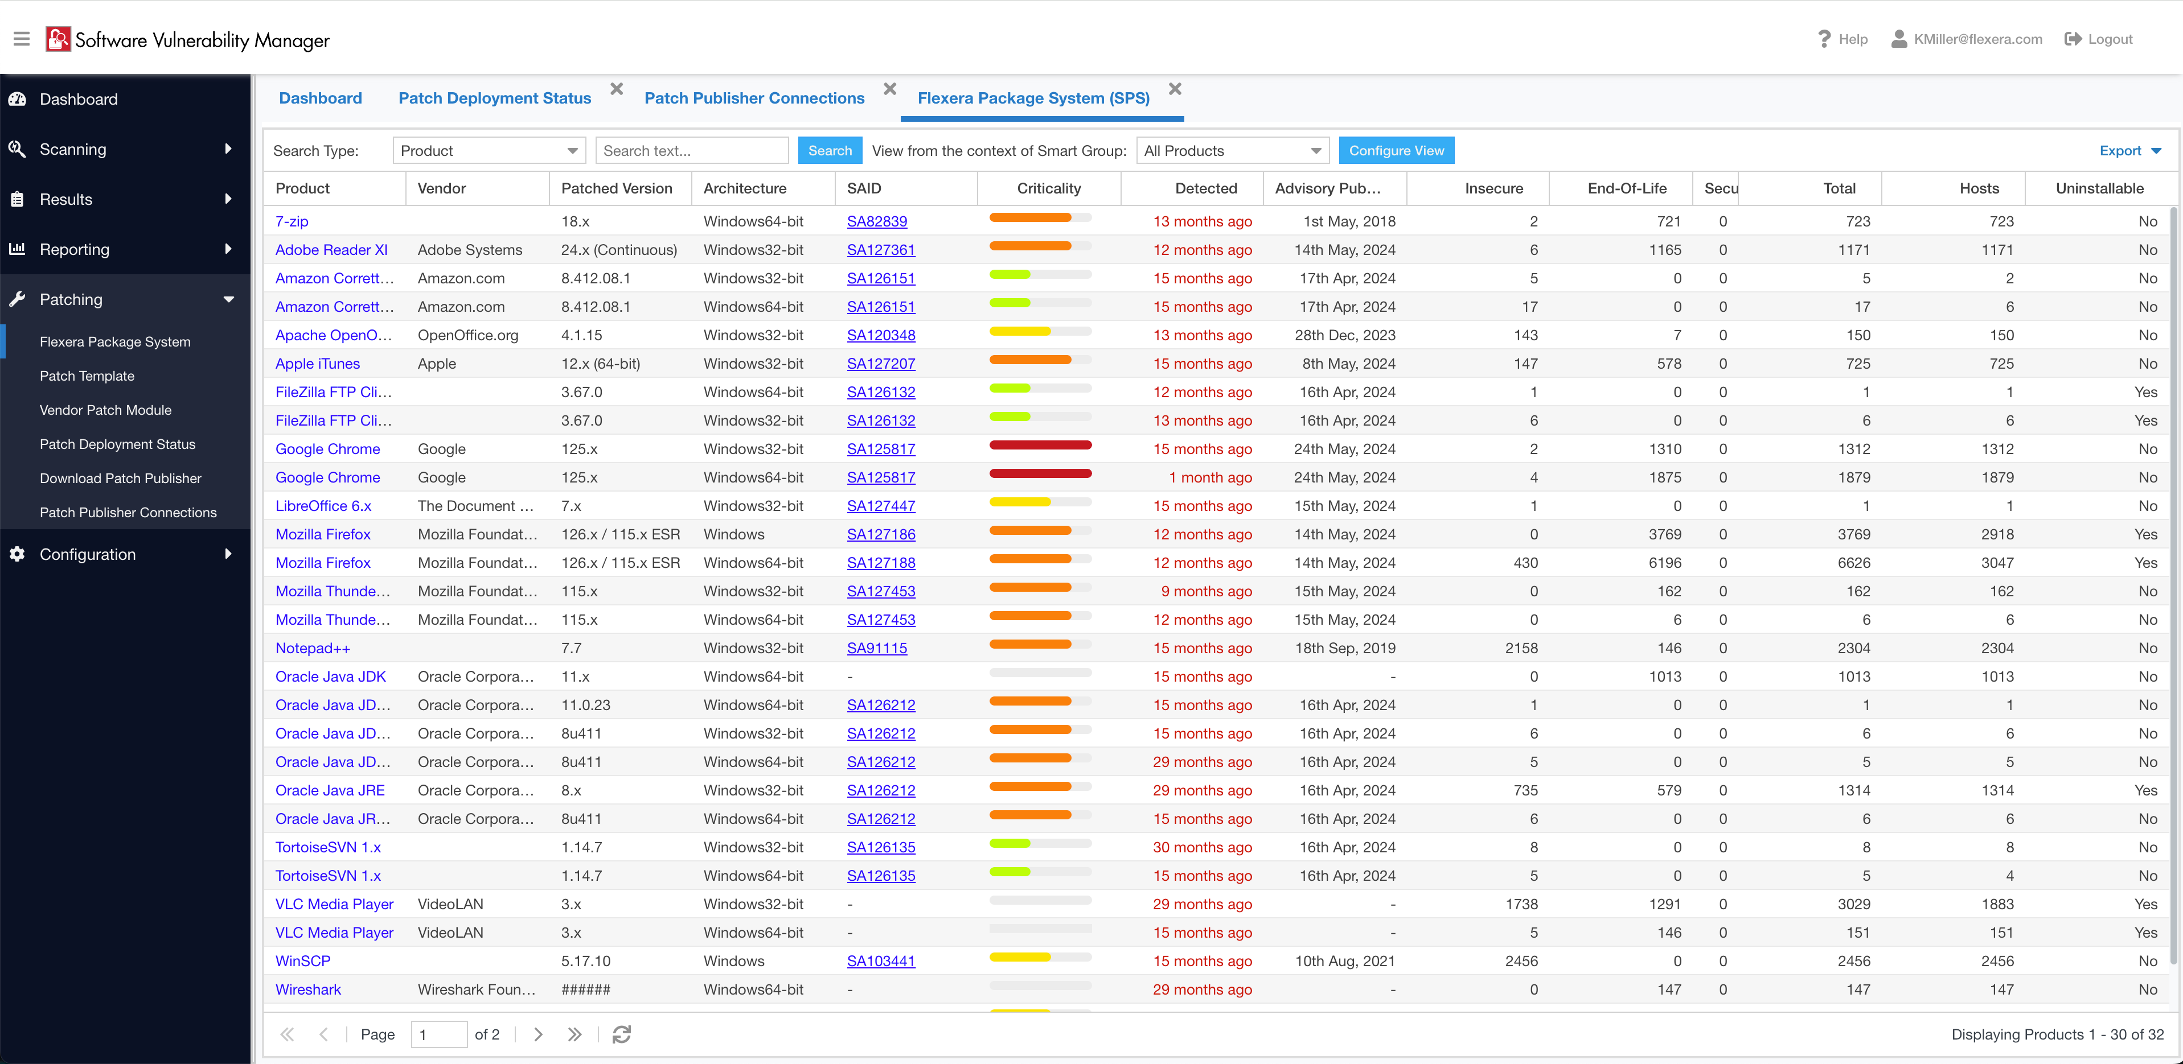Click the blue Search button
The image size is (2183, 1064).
pos(829,151)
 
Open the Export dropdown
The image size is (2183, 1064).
pos(2129,151)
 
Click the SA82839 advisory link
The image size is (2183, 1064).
pos(876,221)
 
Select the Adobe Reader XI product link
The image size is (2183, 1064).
pos(330,250)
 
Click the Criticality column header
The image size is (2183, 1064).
pos(1048,188)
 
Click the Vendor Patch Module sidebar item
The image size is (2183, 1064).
pos(105,410)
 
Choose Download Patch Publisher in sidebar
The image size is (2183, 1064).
pos(120,479)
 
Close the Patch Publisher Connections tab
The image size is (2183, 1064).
pos(889,89)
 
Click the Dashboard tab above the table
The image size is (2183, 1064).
pos(321,98)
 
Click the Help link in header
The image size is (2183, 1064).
pos(1843,39)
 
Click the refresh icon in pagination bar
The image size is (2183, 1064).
pos(621,1034)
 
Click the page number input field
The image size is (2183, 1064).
pos(438,1034)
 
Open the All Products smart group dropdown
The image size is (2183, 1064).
pos(1232,151)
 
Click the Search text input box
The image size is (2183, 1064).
pos(691,151)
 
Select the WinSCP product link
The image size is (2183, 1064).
pos(302,960)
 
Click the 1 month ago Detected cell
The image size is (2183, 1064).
pos(1209,478)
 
